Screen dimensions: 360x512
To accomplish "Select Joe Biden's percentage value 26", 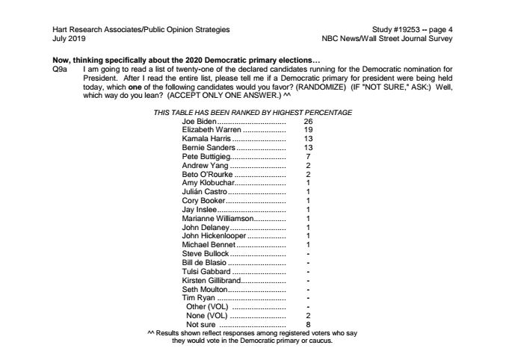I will pos(307,121).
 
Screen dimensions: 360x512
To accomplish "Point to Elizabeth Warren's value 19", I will pos(307,130).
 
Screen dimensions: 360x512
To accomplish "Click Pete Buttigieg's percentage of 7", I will pos(307,157).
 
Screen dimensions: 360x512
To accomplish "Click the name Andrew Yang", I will pos(203,166).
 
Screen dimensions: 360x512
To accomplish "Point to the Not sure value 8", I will pos(307,326).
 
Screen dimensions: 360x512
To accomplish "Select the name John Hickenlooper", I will pos(212,237).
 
